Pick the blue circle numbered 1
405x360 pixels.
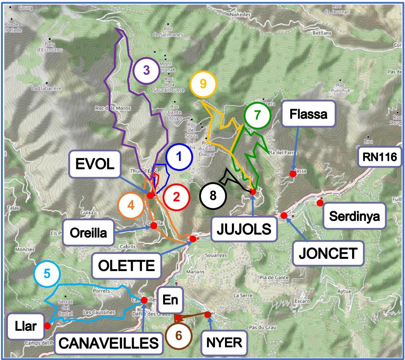(179, 157)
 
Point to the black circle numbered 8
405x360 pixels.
(213, 196)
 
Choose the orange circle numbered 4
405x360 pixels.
(131, 206)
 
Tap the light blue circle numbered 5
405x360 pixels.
(47, 274)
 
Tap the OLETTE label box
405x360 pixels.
(127, 265)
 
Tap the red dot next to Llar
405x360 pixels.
(47, 326)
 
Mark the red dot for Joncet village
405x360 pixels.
(284, 216)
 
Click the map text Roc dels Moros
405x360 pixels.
(113, 108)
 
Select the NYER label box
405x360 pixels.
(224, 343)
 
